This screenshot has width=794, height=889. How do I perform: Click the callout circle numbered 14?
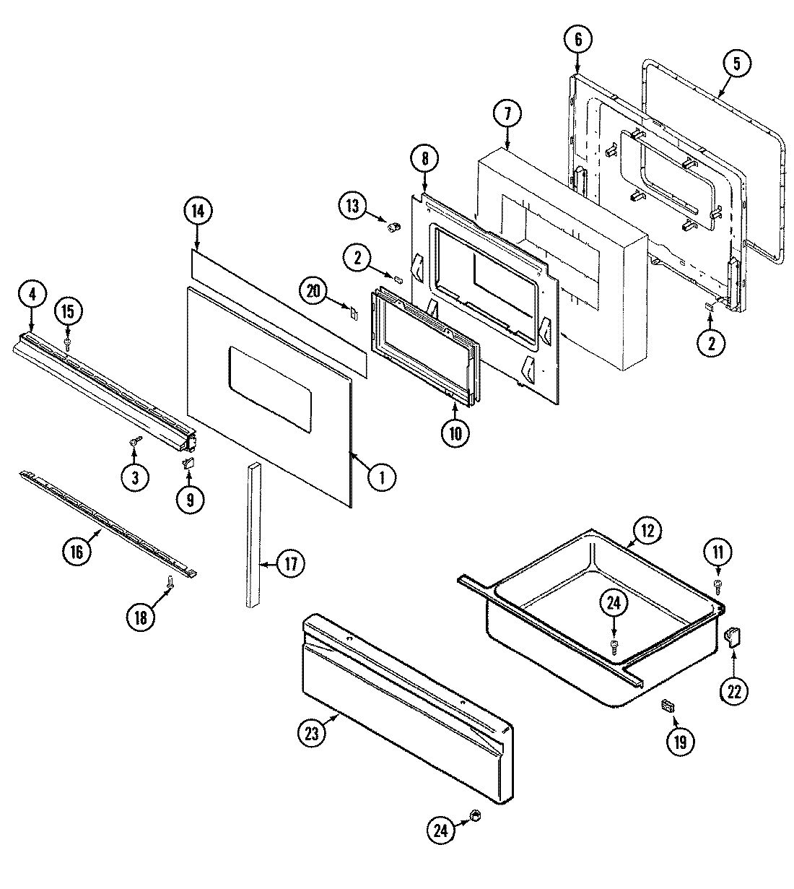pyautogui.click(x=198, y=211)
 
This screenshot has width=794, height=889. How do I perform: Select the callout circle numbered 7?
pyautogui.click(x=507, y=113)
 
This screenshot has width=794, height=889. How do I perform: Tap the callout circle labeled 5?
pyautogui.click(x=736, y=63)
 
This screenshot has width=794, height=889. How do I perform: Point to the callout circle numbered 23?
pyautogui.click(x=310, y=733)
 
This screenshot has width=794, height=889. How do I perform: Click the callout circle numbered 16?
pyautogui.click(x=77, y=552)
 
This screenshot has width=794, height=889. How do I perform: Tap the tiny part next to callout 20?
pyautogui.click(x=354, y=313)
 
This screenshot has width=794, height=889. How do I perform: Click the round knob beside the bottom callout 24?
pyautogui.click(x=475, y=815)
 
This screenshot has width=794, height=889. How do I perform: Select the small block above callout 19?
pyautogui.click(x=668, y=705)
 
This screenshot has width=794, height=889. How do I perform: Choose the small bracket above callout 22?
pyautogui.click(x=733, y=636)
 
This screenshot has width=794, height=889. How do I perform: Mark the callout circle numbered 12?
pyautogui.click(x=646, y=532)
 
